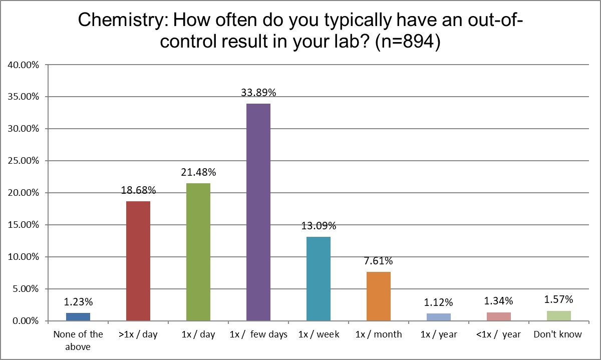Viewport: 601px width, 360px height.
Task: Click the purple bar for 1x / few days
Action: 258,212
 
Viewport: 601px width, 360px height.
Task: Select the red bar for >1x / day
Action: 138,260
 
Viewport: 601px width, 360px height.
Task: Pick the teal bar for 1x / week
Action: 319,278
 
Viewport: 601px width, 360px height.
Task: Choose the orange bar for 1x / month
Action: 379,296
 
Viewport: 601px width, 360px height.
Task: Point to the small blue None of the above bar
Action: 78,316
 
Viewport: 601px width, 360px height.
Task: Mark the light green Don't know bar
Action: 559,315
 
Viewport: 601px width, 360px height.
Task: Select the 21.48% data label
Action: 198,172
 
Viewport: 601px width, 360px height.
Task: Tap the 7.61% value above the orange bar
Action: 379,261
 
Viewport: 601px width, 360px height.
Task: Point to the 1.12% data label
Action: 439,302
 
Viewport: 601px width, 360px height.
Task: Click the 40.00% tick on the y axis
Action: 23,65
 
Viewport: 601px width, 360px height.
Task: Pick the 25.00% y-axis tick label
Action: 23,161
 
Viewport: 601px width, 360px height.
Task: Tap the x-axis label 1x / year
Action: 439,334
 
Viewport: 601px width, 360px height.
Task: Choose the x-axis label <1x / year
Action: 499,334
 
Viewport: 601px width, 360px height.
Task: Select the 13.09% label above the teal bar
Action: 319,226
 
